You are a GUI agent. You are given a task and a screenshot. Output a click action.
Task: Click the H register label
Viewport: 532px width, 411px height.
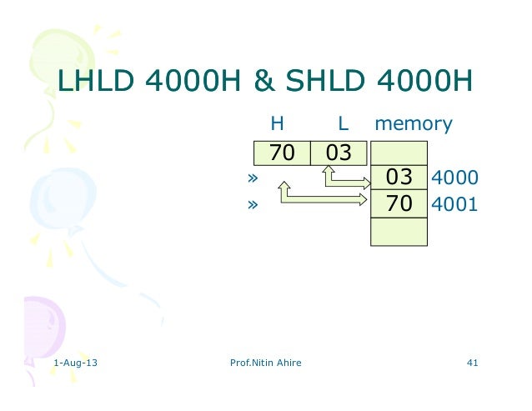pos(278,125)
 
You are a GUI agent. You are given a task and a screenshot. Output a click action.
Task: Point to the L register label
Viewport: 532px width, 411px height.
pos(343,125)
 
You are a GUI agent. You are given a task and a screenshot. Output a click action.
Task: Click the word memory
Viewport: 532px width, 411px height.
pos(414,125)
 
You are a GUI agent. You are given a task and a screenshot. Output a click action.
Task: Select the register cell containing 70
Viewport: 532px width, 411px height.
pos(281,153)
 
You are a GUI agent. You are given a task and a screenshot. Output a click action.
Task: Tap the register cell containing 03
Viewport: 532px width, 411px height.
pos(339,153)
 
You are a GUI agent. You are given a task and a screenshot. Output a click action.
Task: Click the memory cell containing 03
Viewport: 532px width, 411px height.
pos(399,178)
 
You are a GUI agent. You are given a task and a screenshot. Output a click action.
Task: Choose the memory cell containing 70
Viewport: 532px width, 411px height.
pos(399,203)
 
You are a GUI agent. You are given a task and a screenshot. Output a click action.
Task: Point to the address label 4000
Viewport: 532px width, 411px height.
pos(454,178)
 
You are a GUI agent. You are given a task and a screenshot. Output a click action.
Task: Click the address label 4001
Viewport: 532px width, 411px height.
pos(454,203)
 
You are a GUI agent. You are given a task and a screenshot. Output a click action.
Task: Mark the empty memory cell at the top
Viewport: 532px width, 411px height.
pos(399,153)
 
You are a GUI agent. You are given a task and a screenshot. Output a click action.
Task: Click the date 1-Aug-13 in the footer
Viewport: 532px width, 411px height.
pos(73,363)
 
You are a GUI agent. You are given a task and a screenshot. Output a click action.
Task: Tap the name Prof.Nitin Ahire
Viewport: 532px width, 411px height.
pos(264,363)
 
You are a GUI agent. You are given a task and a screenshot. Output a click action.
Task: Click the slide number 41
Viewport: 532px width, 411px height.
pos(473,363)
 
